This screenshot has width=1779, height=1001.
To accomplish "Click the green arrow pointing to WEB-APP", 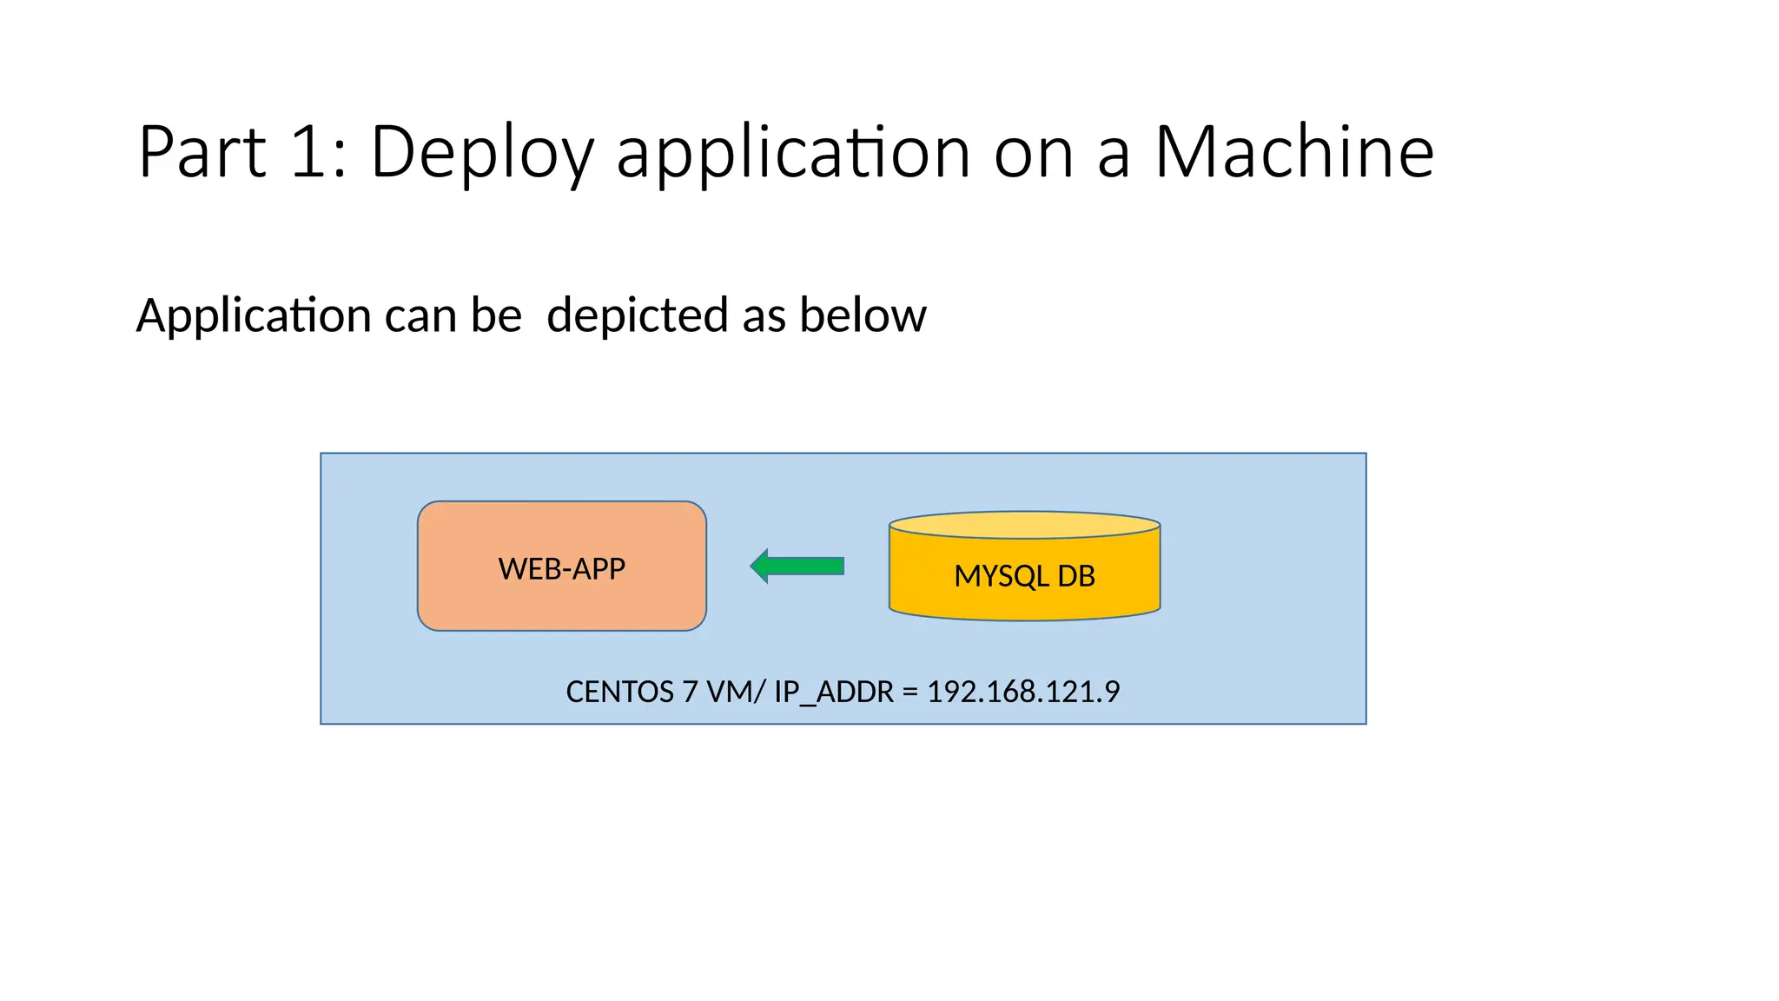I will coord(797,567).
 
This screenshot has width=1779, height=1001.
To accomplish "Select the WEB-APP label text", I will coord(561,568).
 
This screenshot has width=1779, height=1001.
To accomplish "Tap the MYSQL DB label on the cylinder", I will coord(1024,576).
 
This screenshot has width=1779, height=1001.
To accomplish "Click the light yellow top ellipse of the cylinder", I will coord(1024,525).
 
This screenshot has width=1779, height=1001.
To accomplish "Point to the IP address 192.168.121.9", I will coord(1023,692).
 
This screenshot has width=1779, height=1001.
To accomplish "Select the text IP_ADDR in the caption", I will coord(833,692).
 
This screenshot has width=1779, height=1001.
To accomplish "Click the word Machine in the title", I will coord(1293,152).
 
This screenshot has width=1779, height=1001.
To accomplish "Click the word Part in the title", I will coord(202,152).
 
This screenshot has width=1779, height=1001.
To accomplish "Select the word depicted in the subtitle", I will coord(638,315).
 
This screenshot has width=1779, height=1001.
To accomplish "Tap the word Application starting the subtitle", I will coord(254,315).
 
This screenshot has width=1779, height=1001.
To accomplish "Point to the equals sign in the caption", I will coord(909,693).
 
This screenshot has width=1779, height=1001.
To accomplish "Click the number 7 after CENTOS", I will coord(690,692).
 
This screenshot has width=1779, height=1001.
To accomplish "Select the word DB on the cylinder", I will coord(1075,576).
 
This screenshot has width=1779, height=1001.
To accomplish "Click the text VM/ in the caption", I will coord(736,692).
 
